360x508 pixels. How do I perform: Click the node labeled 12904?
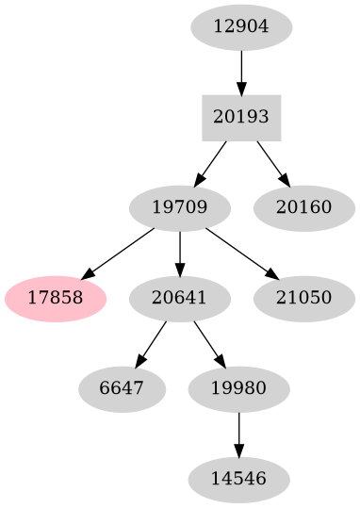[x=241, y=26]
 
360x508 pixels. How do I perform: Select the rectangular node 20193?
[x=241, y=118]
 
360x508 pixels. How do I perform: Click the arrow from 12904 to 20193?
[x=241, y=72]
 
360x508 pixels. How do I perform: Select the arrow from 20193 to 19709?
[x=211, y=163]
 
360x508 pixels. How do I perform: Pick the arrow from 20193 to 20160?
[x=271, y=163]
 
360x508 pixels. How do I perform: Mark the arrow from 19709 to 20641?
[x=179, y=254]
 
